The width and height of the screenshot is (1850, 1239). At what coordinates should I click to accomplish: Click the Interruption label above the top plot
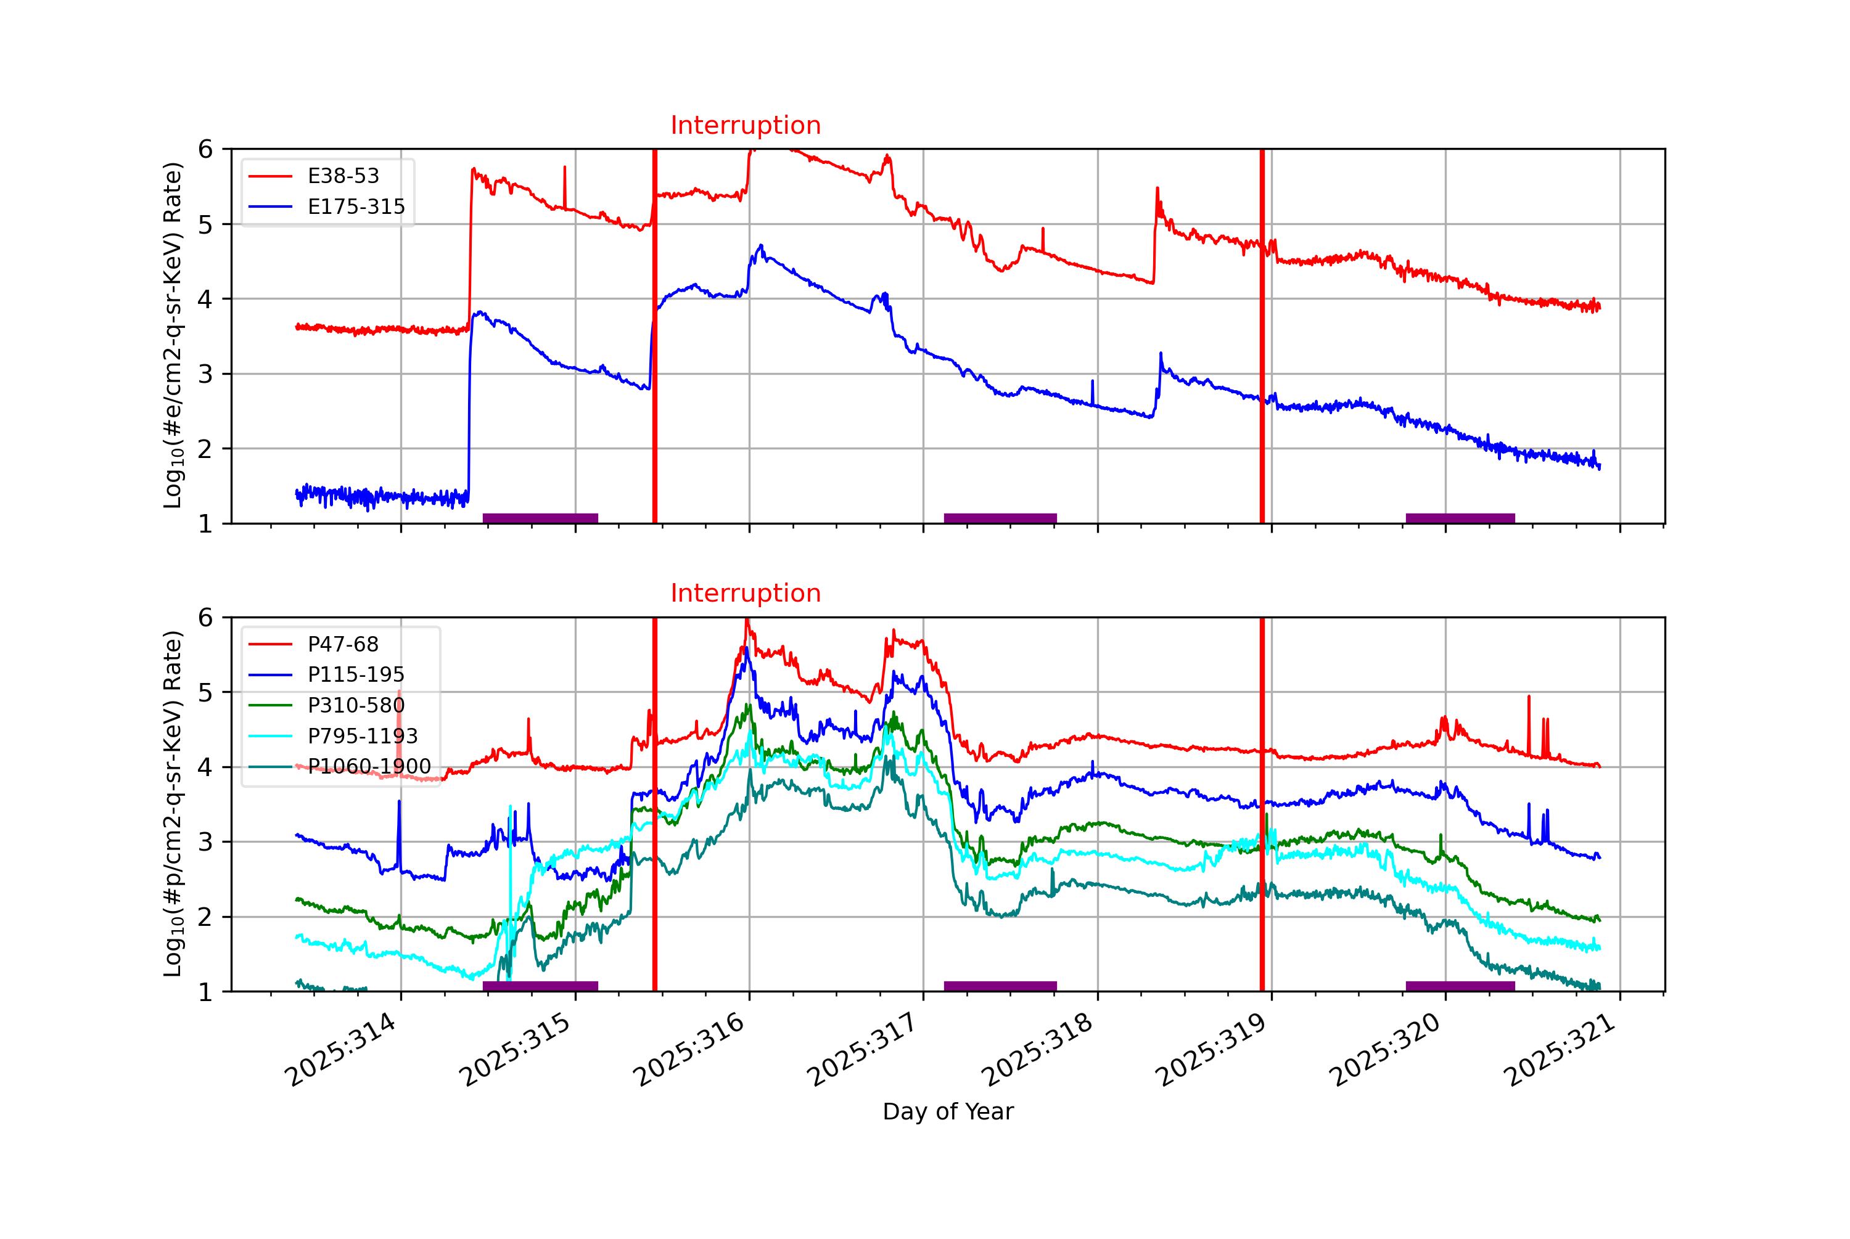point(745,126)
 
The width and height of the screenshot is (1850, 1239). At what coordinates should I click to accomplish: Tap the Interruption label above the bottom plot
point(745,594)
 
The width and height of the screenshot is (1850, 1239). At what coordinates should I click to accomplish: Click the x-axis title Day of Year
point(948,1112)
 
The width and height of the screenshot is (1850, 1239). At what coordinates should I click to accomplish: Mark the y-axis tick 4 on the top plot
point(205,300)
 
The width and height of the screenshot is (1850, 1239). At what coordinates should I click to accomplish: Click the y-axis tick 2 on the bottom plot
point(205,917)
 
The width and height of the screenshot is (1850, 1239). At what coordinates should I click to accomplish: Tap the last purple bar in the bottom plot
point(1460,986)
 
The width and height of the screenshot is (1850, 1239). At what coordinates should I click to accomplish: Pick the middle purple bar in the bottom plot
point(1000,986)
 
